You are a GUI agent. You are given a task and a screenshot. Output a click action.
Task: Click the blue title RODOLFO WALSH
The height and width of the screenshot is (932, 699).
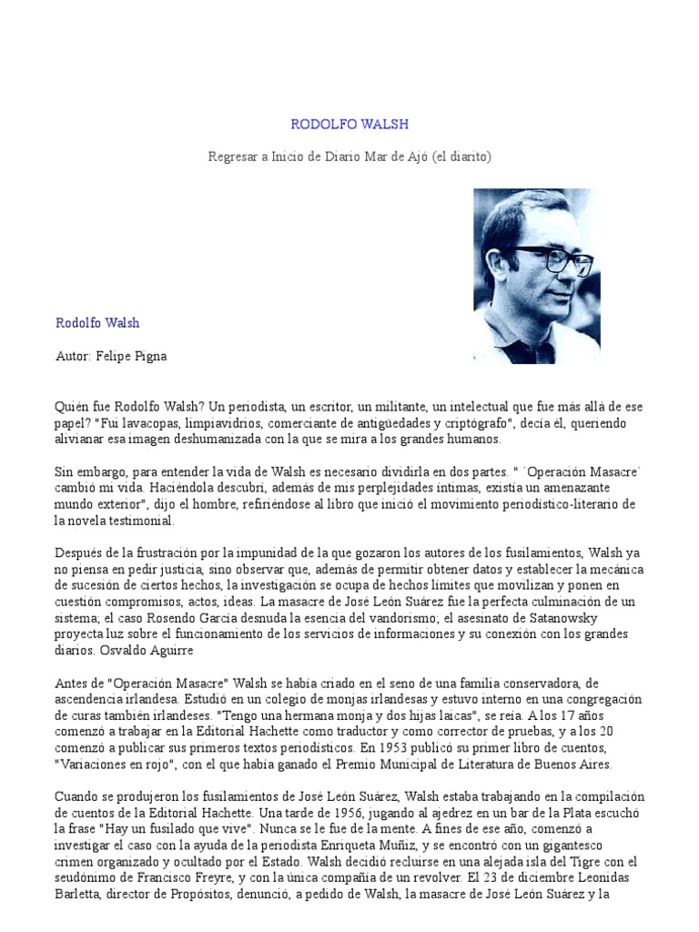tap(349, 124)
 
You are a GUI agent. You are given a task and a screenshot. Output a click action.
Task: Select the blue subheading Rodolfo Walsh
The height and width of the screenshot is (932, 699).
tap(97, 322)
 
